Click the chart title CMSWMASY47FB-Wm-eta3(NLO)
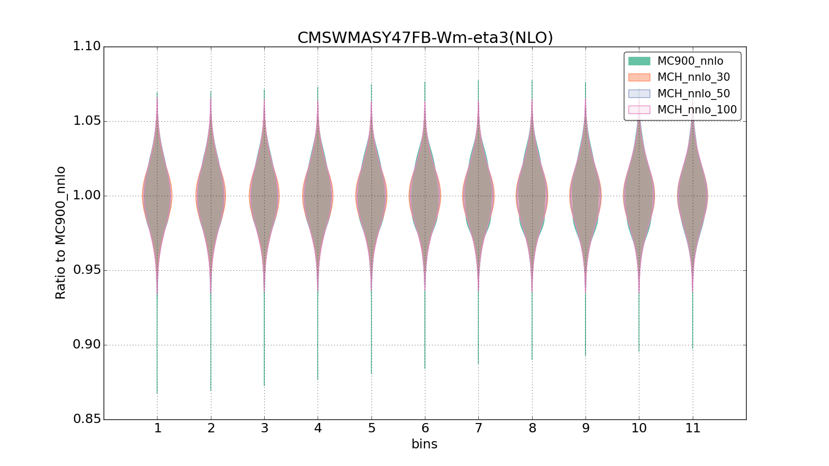click(425, 38)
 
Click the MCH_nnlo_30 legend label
click(693, 77)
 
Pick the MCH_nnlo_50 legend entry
click(693, 94)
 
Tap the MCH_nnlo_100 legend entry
click(696, 110)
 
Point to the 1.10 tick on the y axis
click(87, 47)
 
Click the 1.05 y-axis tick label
click(87, 121)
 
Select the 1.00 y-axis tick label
click(87, 196)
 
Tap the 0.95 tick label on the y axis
click(87, 270)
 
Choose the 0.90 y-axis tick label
click(87, 345)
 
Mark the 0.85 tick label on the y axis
click(87, 419)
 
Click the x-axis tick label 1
click(158, 428)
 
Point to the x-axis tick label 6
click(425, 428)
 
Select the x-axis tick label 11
click(693, 428)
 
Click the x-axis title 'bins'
click(424, 444)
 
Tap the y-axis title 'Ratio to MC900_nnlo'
click(61, 232)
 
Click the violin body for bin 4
click(318, 196)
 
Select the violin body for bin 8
click(532, 196)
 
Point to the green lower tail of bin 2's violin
click(211, 352)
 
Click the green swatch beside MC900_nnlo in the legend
click(639, 61)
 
